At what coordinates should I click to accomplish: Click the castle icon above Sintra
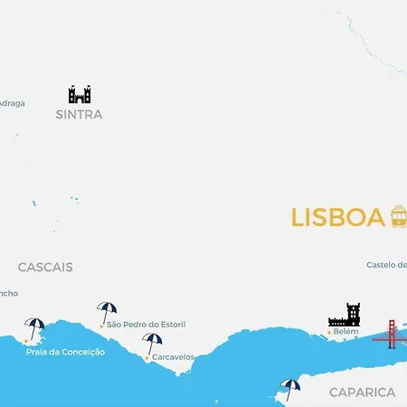tap(80, 94)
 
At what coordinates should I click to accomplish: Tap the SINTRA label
tap(80, 115)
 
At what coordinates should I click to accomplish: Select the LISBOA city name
tap(338, 218)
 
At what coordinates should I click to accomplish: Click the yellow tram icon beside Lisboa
tap(398, 216)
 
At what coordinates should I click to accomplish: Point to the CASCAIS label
tap(45, 268)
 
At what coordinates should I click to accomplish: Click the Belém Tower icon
tap(345, 315)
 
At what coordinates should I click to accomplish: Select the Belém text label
tap(346, 332)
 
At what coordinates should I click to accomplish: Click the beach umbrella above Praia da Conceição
tap(34, 328)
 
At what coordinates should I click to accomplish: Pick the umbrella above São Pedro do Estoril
tap(107, 312)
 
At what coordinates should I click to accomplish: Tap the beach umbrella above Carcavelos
tap(152, 343)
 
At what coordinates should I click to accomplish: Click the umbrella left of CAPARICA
tap(289, 389)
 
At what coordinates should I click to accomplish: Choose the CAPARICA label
tap(362, 393)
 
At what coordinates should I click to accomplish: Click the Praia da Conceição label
tap(66, 352)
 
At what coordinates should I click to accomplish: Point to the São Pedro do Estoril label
tap(146, 324)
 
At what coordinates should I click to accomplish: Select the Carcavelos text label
tap(173, 357)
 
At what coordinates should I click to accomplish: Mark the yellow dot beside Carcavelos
tap(147, 358)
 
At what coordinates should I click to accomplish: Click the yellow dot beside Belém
tap(328, 333)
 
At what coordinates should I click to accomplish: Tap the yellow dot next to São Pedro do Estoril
tap(102, 325)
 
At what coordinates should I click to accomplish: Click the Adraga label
tap(11, 103)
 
